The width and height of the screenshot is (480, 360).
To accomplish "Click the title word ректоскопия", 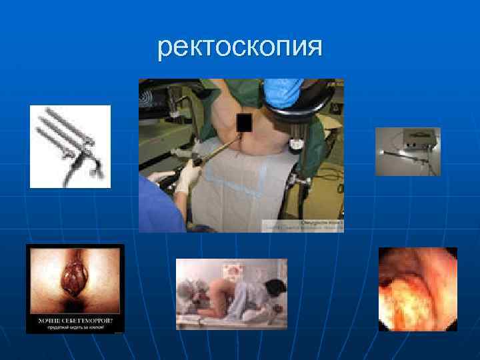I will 240,47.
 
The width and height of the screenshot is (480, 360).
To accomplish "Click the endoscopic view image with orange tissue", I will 417,289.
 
